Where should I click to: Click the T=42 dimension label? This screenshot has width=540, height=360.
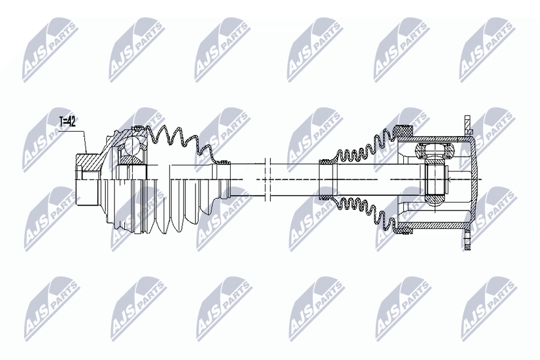[x=67, y=121]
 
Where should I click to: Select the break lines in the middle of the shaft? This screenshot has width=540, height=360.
[x=268, y=180]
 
